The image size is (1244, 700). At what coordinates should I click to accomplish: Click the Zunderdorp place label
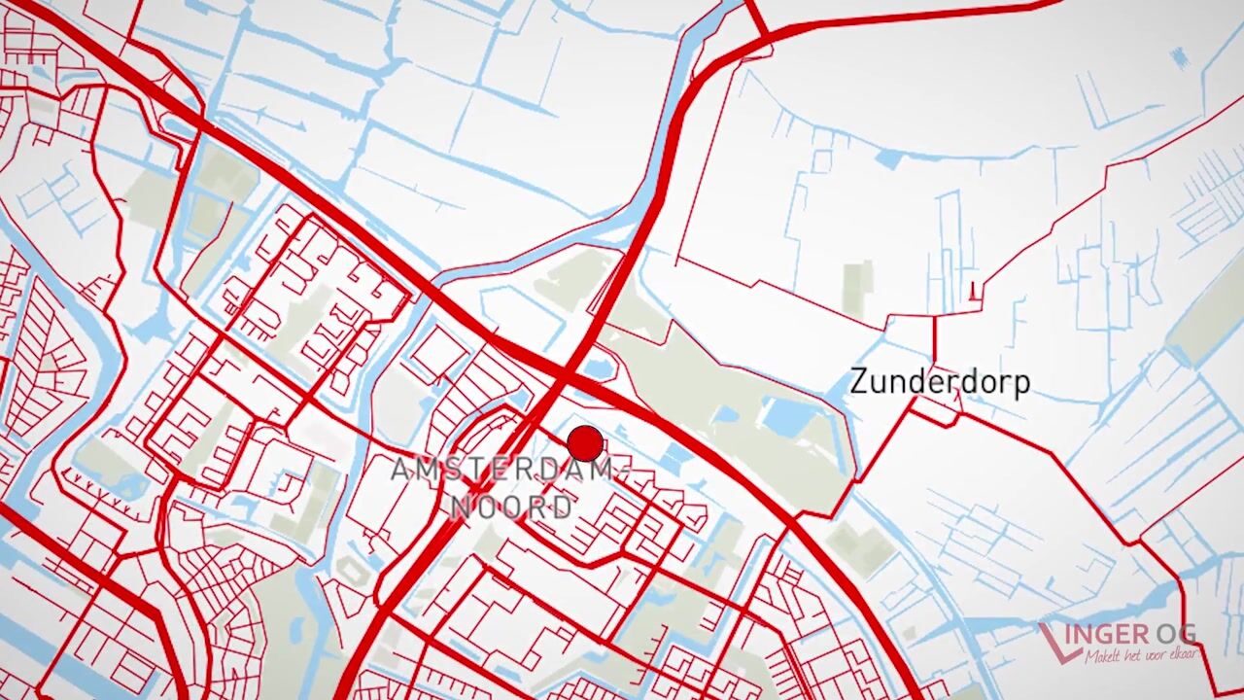click(939, 382)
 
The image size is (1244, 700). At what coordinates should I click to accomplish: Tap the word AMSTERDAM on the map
click(502, 471)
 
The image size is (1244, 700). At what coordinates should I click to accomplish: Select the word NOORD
click(512, 507)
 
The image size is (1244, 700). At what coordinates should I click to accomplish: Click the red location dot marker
click(585, 443)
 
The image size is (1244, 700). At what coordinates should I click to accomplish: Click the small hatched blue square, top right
click(1179, 59)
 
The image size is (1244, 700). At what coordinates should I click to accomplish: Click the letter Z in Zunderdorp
click(859, 381)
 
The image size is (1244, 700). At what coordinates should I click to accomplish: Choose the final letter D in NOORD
click(561, 507)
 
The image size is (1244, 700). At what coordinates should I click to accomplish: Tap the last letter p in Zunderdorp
click(1020, 385)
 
